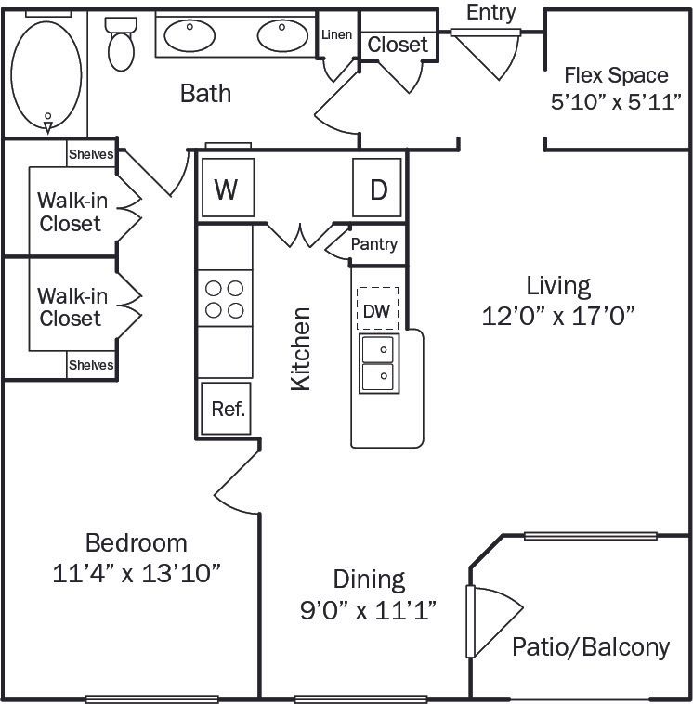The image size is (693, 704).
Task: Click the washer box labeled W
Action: tap(226, 189)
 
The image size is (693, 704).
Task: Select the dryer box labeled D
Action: tap(377, 189)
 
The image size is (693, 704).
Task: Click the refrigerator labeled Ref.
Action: tap(228, 409)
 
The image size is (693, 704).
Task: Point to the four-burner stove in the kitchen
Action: tap(225, 298)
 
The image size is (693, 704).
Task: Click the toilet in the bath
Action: tap(121, 44)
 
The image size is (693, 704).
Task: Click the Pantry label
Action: tap(374, 244)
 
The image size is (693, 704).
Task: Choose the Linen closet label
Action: tap(336, 35)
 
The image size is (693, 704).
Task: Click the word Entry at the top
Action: tap(491, 12)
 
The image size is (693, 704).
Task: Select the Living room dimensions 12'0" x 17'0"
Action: tap(557, 315)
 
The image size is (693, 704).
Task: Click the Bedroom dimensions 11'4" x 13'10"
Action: tap(136, 572)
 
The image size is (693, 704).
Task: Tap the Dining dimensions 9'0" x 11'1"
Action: tap(370, 609)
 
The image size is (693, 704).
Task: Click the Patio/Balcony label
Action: tap(591, 646)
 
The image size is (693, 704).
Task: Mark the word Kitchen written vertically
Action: tap(301, 348)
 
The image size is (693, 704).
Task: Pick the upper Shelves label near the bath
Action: tap(91, 154)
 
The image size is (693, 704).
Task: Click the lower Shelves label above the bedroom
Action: tap(91, 365)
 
